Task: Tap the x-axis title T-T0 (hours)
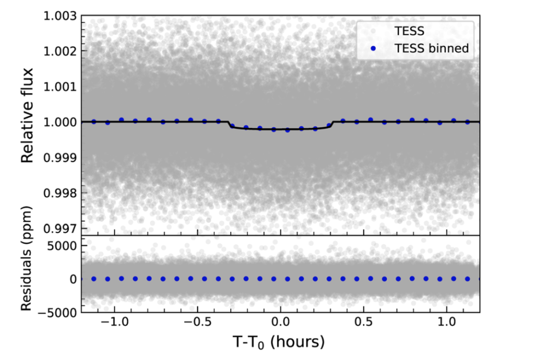279,344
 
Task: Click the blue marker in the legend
373,49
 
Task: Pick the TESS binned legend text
431,49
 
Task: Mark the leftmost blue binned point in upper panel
94,122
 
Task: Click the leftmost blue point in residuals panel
94,279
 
